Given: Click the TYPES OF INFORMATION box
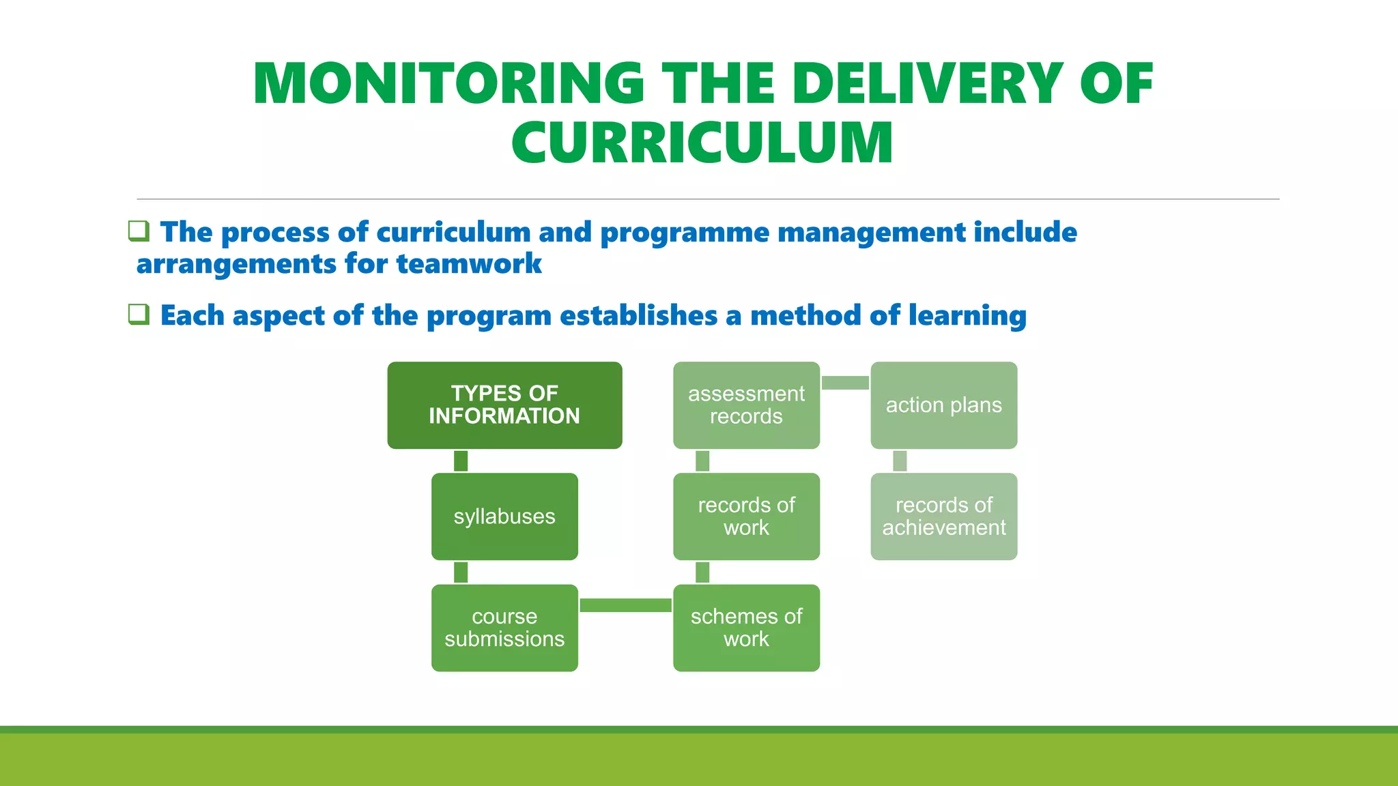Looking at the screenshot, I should (504, 405).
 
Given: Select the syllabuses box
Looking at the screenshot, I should (504, 516).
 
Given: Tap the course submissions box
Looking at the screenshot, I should (504, 628).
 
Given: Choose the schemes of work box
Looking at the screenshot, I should (746, 628).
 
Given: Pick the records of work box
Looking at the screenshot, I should (746, 516).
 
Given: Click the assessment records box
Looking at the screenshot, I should (746, 405).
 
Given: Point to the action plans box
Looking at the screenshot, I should (943, 405).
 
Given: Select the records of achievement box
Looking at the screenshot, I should (943, 516).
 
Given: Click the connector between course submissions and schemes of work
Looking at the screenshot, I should (625, 605).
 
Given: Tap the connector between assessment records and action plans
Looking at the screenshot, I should (845, 383).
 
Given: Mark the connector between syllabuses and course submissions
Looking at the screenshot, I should (461, 572).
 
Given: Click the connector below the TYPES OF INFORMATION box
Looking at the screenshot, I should (461, 461).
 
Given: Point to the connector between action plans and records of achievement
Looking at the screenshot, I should (900, 461).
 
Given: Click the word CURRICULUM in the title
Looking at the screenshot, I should (702, 143).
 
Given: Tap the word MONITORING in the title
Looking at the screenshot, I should (448, 83).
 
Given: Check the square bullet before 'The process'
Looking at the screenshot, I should (139, 231).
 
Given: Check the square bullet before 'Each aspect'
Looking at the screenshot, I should (139, 314).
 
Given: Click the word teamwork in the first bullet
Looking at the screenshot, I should (469, 263).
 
